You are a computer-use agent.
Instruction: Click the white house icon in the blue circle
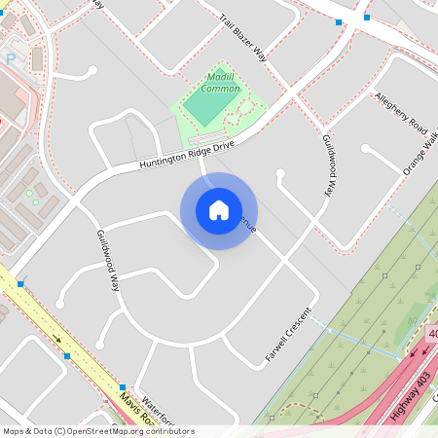(x=218, y=210)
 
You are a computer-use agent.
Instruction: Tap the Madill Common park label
(x=220, y=83)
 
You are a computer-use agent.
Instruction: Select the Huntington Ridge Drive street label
(x=187, y=154)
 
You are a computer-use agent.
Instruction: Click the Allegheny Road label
(x=401, y=113)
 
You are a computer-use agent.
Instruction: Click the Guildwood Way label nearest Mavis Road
(x=108, y=261)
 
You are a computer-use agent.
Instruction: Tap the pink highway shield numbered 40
(x=432, y=334)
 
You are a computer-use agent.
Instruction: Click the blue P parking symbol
(x=11, y=58)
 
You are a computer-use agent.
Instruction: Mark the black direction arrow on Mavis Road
(x=56, y=340)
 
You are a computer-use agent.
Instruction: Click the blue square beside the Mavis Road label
(x=124, y=385)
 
